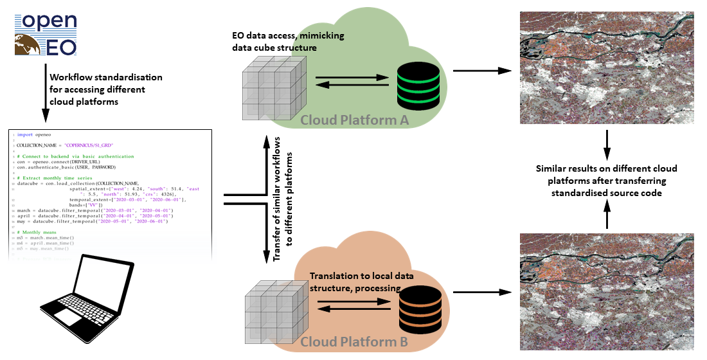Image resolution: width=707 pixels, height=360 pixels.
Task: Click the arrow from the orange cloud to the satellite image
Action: pos(476,292)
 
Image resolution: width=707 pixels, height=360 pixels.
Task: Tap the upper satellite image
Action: pos(606,67)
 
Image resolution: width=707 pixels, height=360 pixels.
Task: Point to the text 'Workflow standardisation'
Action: pos(106,77)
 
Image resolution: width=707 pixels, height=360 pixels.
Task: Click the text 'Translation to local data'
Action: pos(361,276)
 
